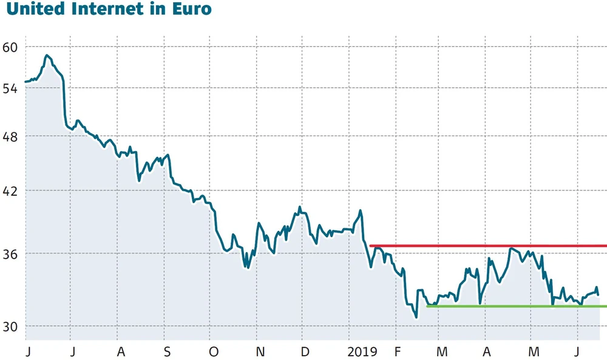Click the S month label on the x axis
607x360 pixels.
click(168, 352)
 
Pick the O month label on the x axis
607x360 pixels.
click(213, 352)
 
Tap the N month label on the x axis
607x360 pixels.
click(259, 352)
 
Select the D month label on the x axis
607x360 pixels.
click(305, 352)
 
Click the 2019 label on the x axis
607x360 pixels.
click(363, 352)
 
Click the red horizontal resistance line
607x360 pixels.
click(486, 246)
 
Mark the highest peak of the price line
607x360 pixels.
click(47, 55)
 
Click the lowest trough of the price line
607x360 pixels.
click(416, 317)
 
